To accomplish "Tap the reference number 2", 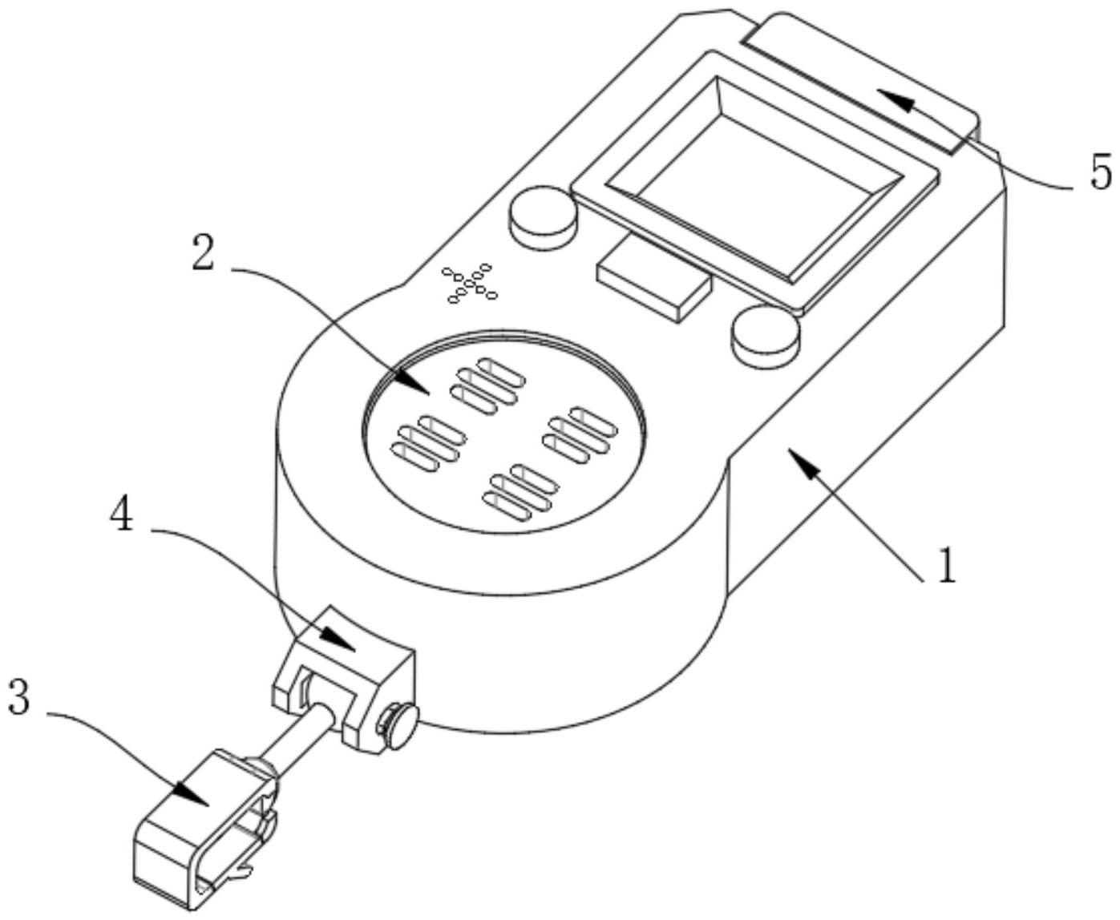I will (204, 254).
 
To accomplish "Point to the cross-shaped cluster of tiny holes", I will (471, 283).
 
